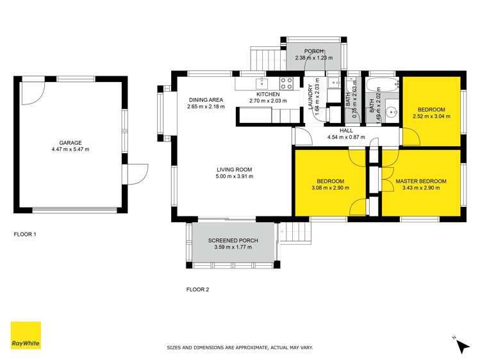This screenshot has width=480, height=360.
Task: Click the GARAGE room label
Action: pyautogui.click(x=70, y=142)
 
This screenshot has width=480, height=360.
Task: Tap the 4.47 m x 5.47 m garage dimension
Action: pyautogui.click(x=70, y=149)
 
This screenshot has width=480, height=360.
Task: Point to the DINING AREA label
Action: pyautogui.click(x=206, y=99)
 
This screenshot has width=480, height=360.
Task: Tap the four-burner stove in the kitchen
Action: pyautogui.click(x=286, y=83)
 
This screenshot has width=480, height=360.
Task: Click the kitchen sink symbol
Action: pyautogui.click(x=261, y=83)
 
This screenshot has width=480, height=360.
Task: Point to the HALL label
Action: pyautogui.click(x=346, y=131)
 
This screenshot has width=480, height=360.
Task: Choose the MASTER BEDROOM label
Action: pyautogui.click(x=421, y=181)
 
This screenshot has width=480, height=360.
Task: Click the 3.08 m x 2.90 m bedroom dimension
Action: pyautogui.click(x=331, y=188)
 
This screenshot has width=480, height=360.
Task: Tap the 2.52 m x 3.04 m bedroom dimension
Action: pyautogui.click(x=431, y=117)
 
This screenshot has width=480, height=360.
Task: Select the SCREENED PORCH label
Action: pyautogui.click(x=233, y=241)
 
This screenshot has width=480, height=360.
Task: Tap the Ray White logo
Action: pyautogui.click(x=26, y=335)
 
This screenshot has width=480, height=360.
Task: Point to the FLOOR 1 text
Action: pyautogui.click(x=26, y=234)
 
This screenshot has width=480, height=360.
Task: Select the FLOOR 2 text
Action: pyautogui.click(x=197, y=290)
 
